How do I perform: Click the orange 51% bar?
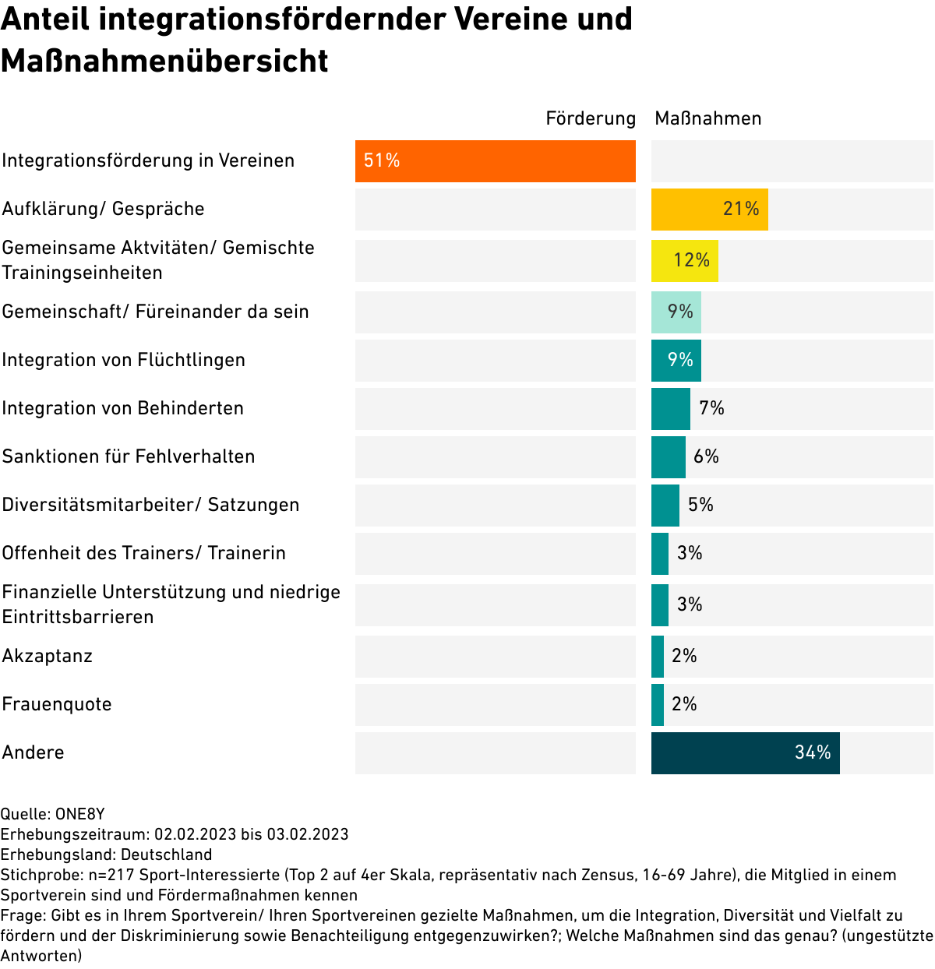point(496,161)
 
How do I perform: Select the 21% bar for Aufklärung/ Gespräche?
point(709,210)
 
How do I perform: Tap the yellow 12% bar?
point(684,261)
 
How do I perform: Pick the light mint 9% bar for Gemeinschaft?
point(676,312)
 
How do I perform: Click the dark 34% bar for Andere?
point(745,753)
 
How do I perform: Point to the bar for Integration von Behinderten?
point(670,409)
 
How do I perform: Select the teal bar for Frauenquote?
point(658,705)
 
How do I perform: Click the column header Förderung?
point(591,118)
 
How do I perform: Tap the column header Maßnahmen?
point(707,118)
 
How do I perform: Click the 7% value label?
point(711,408)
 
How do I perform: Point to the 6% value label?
point(706,456)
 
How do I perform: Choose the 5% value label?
point(700,505)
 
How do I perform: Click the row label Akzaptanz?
point(48,656)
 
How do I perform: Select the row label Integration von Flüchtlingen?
point(123,360)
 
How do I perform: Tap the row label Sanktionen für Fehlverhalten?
point(129,456)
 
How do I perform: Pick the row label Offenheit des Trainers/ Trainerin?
point(144,553)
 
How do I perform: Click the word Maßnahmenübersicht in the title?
point(164,61)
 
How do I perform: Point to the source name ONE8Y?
point(79,814)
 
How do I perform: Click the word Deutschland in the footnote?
point(167,854)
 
